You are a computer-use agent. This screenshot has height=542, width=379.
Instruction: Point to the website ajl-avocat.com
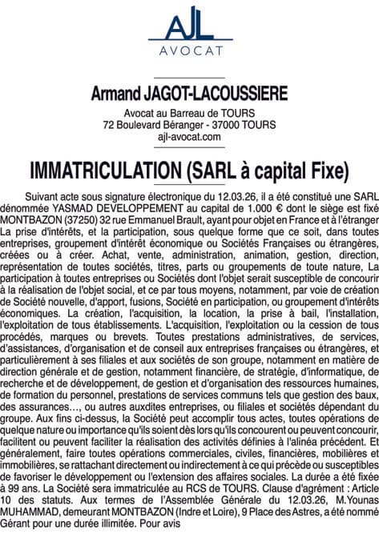pyautogui.click(x=189, y=138)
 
